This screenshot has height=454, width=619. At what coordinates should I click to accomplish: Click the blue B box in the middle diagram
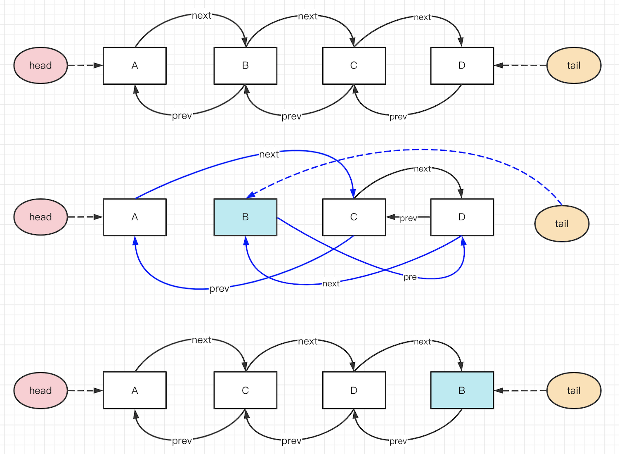coord(245,217)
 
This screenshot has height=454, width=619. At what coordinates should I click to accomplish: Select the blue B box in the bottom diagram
coord(462,390)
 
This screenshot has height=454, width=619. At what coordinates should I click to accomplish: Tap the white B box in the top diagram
coord(245,66)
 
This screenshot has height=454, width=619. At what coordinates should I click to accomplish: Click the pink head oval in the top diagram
coord(40,65)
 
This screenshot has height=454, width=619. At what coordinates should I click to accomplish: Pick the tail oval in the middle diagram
coord(562,223)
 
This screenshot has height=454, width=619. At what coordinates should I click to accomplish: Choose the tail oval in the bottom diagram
coord(574,390)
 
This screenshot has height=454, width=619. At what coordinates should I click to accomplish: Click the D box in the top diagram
coord(462,66)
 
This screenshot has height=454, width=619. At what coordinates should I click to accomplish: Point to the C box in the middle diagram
coord(354,217)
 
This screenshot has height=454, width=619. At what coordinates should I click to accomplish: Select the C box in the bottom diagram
coord(245,390)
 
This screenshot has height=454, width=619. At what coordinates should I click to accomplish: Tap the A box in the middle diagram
coord(135,217)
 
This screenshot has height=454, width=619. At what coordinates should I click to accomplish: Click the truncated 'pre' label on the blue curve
coord(410,277)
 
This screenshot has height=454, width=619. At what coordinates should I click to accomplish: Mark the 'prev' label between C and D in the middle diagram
coord(408,218)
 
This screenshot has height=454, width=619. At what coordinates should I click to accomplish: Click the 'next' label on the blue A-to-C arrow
coord(269,155)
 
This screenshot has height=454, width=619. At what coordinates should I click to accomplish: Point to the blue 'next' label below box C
coord(331,284)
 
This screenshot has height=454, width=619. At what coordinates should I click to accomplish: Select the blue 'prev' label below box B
coord(219,288)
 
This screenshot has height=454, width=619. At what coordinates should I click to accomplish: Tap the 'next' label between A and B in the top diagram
coord(201,16)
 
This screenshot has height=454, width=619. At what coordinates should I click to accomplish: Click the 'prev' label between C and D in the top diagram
coord(398,117)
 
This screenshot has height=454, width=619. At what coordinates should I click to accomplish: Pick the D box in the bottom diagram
coord(354,390)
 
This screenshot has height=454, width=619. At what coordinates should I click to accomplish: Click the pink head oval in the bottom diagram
coord(40,390)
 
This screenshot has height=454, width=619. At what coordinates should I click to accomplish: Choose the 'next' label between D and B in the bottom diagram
coord(422,342)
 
